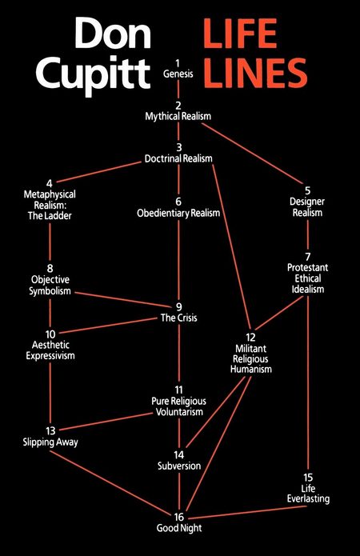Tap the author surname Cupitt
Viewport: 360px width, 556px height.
[x=93, y=75]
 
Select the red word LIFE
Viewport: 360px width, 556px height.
[x=240, y=34]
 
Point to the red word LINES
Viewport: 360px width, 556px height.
[x=255, y=73]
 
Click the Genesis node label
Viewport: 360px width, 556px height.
[x=178, y=74]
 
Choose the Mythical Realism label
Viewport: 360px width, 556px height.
[x=178, y=116]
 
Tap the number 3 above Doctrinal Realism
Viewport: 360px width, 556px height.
[x=178, y=147]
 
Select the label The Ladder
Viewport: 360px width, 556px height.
[x=50, y=215]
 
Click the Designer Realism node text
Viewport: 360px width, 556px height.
[x=307, y=207]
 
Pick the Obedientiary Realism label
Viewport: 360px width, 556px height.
[x=178, y=213]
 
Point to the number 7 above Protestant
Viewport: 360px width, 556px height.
[x=307, y=256]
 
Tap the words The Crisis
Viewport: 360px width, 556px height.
[x=178, y=318]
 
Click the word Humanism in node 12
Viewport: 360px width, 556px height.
[x=251, y=369]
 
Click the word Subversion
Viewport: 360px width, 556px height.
[x=179, y=466]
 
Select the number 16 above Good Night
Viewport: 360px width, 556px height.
[x=178, y=517]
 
